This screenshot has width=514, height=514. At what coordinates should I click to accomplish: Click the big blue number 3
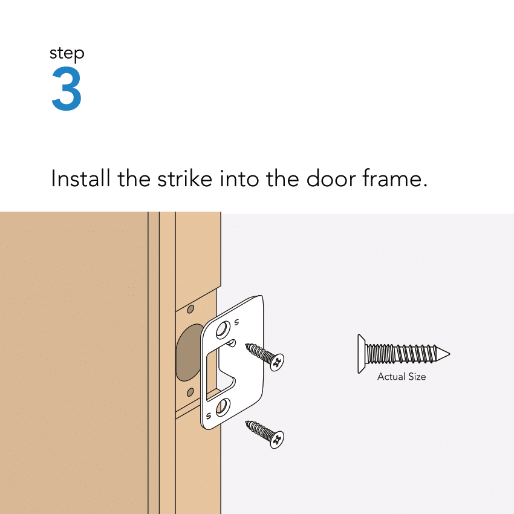coord(66,90)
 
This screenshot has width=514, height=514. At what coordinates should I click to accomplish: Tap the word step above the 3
coord(67,54)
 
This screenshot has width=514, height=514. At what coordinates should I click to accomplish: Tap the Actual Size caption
coord(402,377)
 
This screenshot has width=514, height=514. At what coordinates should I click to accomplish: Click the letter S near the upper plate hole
coord(236,321)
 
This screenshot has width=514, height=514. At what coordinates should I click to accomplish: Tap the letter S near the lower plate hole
coord(209,415)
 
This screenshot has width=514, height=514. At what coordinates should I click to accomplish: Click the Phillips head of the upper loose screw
coord(277,362)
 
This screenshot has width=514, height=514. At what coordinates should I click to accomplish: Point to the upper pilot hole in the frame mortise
coord(190,310)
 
